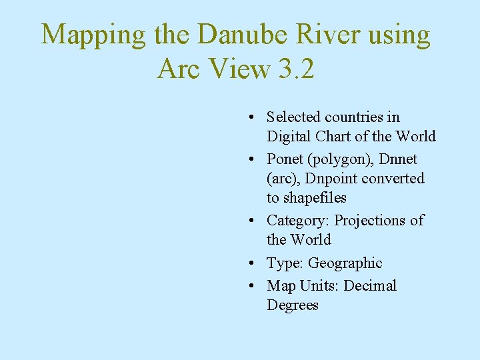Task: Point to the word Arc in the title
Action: [x=178, y=68]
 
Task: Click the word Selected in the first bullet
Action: [x=293, y=117]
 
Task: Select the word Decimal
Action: [x=370, y=286]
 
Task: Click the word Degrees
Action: [x=293, y=305]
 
